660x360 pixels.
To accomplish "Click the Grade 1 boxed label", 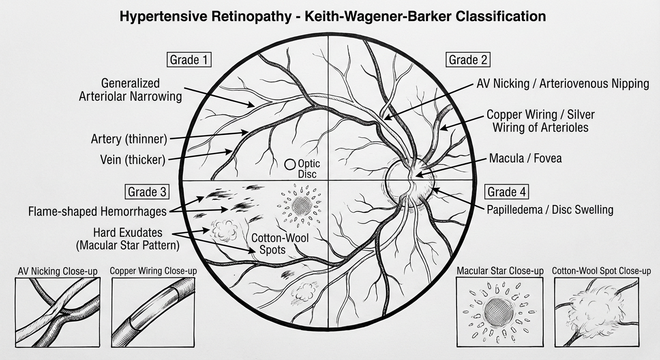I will coord(188,60).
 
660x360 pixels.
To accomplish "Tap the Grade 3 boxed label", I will coord(147,192).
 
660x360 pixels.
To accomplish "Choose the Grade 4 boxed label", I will coord(508,192).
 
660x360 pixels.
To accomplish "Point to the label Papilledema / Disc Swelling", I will coord(550,209).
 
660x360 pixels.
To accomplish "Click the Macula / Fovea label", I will coord(525,158).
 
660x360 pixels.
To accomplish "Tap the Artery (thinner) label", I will coord(129,139).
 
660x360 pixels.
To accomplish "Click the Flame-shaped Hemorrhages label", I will coord(97,212).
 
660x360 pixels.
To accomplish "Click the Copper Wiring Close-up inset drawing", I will coord(153,311).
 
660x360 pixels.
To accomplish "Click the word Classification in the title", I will coord(502,16).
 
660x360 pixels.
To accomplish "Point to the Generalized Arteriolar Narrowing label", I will coord(130,90).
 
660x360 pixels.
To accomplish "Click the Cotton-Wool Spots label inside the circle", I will coord(280,244).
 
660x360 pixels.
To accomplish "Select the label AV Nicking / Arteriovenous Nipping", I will coord(562,84).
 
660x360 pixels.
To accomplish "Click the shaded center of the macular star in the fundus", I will coord(301,205).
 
